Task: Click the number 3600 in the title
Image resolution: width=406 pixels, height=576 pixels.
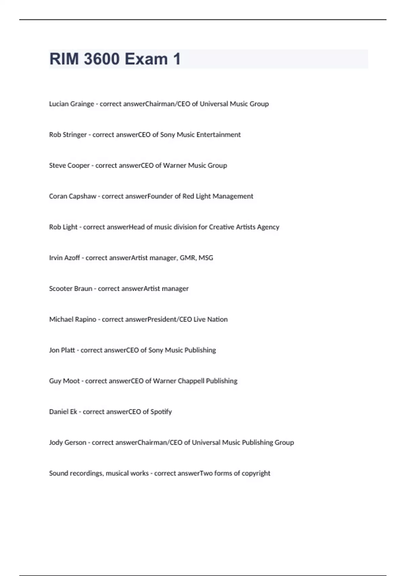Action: click(101, 59)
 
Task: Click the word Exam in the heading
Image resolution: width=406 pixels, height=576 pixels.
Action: click(146, 59)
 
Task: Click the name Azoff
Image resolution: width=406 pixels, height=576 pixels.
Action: click(72, 258)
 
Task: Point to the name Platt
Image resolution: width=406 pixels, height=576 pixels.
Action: click(68, 350)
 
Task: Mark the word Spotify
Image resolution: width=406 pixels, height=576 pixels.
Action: click(161, 412)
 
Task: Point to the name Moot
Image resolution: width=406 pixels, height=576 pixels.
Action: click(71, 381)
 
